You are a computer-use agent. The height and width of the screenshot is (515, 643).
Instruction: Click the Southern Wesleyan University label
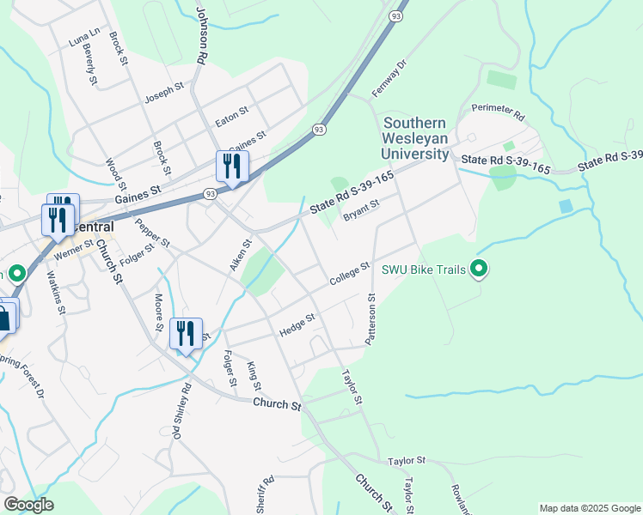(417, 138)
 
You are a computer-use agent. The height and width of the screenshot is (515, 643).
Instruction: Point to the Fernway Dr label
(388, 78)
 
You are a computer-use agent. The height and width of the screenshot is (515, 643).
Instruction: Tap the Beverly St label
(89, 65)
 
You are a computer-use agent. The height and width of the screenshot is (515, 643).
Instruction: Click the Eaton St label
(231, 117)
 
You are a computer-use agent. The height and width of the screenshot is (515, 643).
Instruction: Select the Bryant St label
(361, 209)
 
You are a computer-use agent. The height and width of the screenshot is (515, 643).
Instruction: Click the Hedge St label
(297, 325)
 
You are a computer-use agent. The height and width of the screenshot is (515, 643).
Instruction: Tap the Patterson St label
(371, 319)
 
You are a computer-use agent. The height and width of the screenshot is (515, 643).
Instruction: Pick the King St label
(254, 376)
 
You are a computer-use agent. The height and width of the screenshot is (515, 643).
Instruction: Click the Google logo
(28, 504)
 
